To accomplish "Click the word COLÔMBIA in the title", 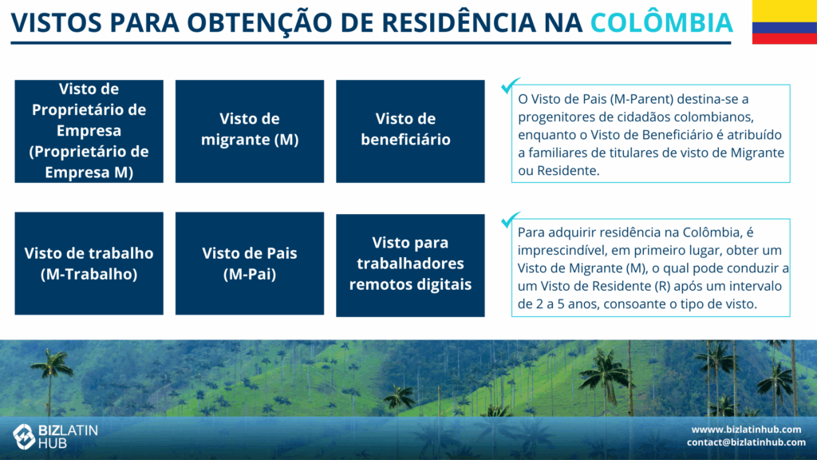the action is point(661,22).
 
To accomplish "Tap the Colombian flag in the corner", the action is point(784,22).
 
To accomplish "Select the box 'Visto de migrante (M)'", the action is point(250,131).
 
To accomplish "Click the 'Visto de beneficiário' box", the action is point(410,131).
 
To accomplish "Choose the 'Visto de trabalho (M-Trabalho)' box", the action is point(89,264).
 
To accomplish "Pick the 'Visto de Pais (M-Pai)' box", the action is point(250,264).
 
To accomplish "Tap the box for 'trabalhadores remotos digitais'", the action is point(410,265).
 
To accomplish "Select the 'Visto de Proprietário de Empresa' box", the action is point(89,131).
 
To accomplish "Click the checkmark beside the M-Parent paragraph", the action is point(510,85).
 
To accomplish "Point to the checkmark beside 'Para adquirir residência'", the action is point(510,220).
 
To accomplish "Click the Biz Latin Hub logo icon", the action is point(24,436).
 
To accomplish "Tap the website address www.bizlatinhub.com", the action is point(746,429).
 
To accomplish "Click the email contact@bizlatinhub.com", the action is point(746,442).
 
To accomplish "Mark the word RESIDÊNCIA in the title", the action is point(459,22).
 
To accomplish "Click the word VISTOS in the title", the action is point(57,22).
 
